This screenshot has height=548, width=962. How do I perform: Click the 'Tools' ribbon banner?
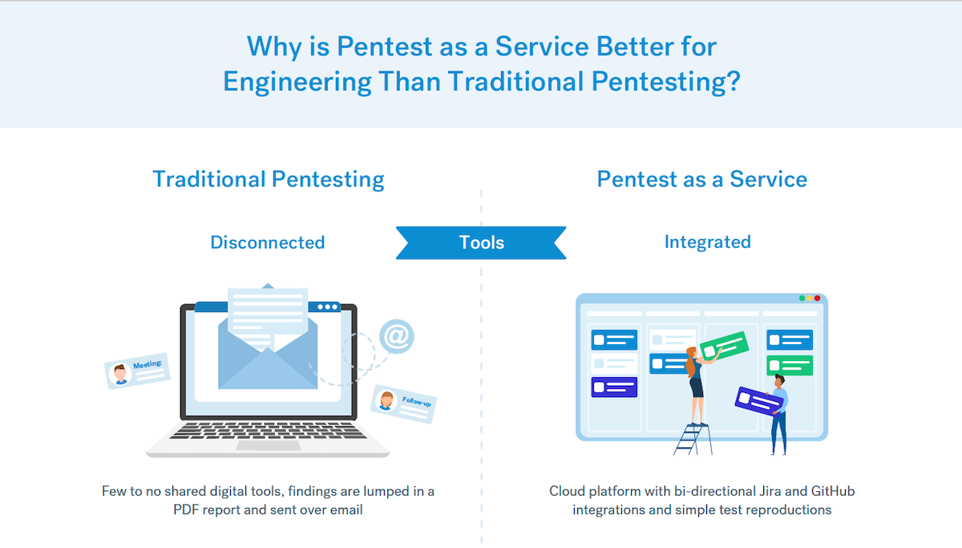tap(481, 242)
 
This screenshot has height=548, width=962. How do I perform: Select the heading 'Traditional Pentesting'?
tap(269, 179)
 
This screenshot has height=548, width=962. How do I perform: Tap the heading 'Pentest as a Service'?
tap(701, 179)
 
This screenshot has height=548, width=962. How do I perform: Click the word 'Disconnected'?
tap(267, 242)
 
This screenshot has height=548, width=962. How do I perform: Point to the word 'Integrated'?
tap(707, 242)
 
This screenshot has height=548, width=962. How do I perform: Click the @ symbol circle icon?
tap(396, 335)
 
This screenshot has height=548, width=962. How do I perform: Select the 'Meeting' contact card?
tap(137, 371)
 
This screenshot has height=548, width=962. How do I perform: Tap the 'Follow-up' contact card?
tap(403, 403)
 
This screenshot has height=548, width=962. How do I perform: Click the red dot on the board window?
tap(817, 298)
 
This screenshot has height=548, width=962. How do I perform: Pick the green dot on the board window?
tap(802, 298)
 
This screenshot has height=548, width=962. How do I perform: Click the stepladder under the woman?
tap(689, 438)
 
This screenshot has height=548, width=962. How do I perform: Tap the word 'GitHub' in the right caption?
tap(833, 491)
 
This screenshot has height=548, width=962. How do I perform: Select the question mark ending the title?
tap(731, 82)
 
